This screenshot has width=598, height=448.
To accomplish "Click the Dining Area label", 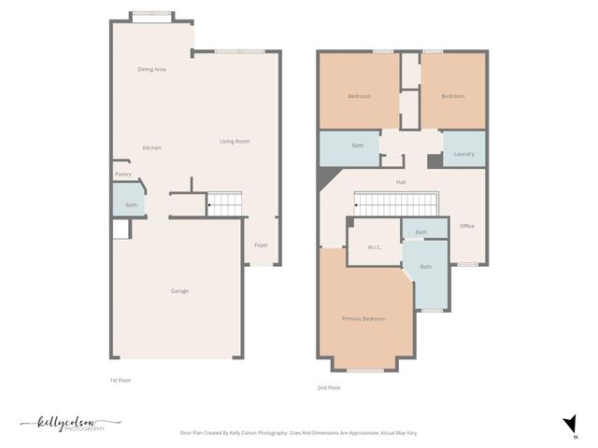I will point(151,69).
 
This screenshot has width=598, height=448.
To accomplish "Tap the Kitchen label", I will point(151,148).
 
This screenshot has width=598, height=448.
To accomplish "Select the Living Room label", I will point(235,142).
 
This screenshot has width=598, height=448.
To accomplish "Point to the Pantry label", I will point(123,175).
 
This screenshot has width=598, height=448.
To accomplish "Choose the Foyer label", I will point(261,245).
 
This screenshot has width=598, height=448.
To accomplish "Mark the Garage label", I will point(179,291).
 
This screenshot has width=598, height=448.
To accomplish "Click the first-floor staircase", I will point(224,204).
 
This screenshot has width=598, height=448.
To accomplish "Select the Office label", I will point(467,226).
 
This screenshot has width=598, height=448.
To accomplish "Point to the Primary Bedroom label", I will point(363,319).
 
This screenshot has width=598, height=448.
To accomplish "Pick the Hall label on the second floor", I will point(400,182).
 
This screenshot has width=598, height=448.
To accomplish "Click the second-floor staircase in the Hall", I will point(395,203).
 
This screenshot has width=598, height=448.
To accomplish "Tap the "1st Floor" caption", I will point(121,381).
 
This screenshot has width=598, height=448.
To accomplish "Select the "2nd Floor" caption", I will point(329,387).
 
